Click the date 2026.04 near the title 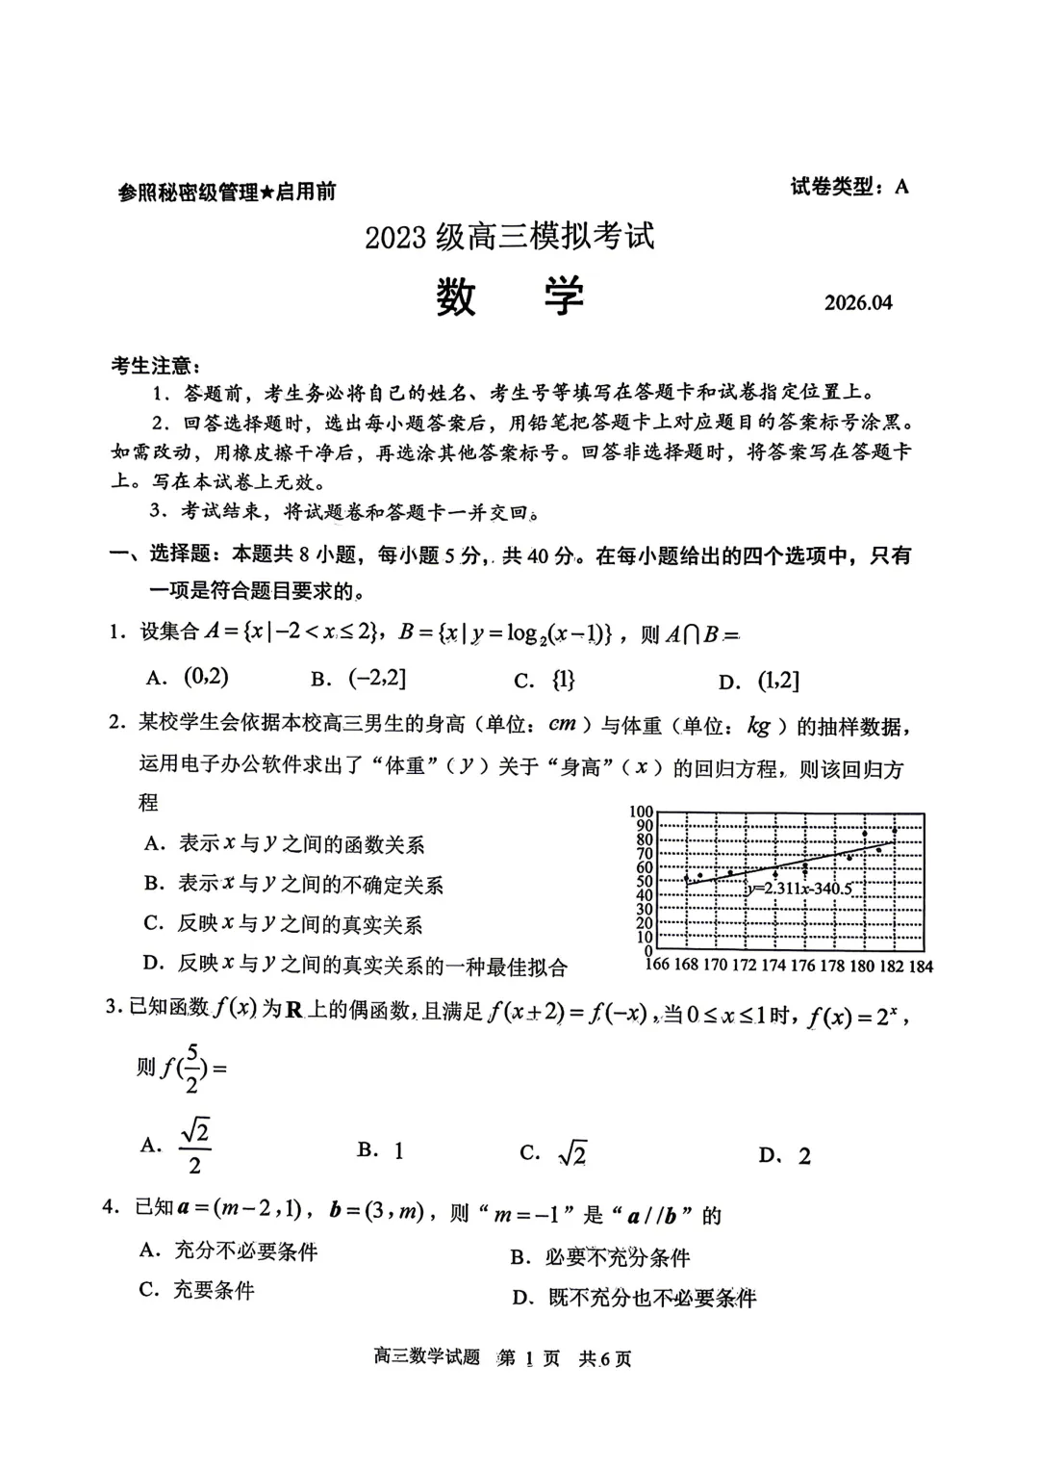(x=858, y=302)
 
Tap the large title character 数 (x=456, y=297)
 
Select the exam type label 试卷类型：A (x=849, y=187)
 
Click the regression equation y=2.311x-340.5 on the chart (x=799, y=889)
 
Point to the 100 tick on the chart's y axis (x=642, y=812)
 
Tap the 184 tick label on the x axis (x=921, y=966)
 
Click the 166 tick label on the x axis (x=655, y=965)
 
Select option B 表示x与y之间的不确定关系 (x=293, y=884)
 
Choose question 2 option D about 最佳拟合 (x=355, y=965)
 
